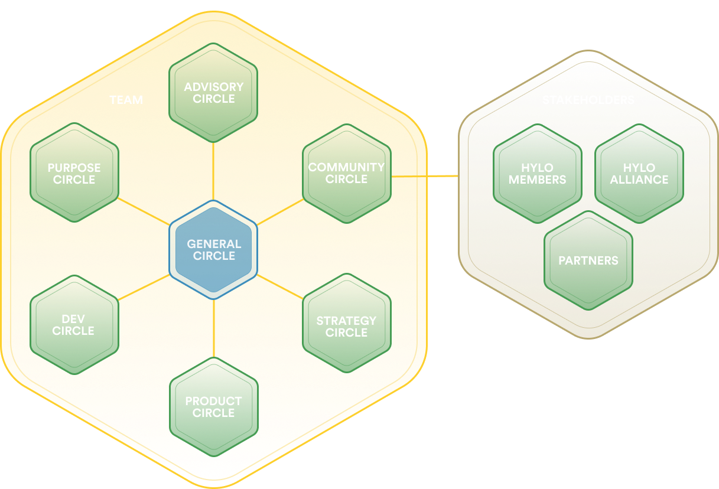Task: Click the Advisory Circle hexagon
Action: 213,93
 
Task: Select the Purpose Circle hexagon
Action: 74,173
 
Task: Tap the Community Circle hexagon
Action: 346,173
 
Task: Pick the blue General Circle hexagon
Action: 213,250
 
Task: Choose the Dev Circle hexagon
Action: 74,325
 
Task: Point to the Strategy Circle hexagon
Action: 346,326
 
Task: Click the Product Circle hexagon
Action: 213,407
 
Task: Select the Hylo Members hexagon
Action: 537,174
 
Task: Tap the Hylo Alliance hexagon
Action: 639,174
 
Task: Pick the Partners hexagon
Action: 588,260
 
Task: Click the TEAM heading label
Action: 126,100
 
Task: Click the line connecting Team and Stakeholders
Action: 443,176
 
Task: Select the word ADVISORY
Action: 213,87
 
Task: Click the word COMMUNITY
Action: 346,167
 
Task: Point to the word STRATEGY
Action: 346,321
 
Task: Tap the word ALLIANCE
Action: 639,180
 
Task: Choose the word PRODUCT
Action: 213,401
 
